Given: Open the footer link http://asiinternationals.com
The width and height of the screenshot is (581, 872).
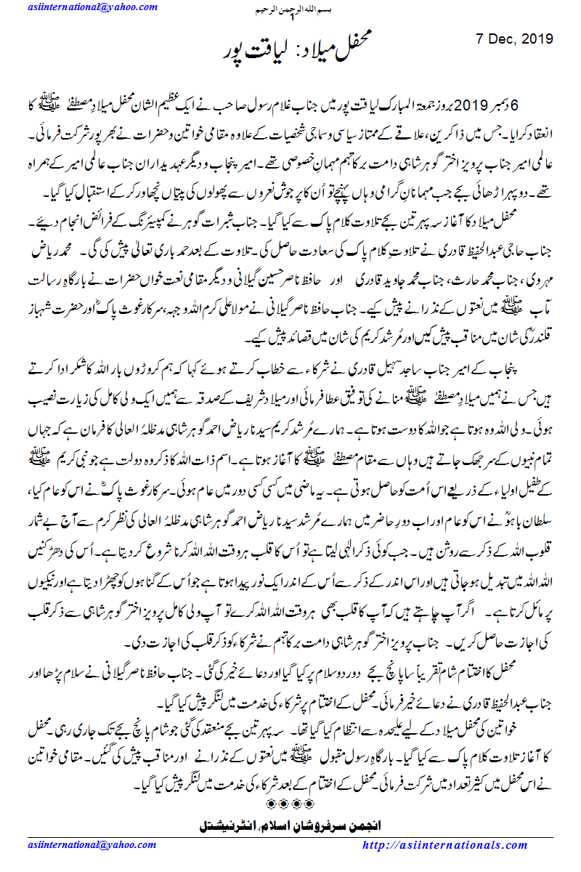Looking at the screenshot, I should [466, 846].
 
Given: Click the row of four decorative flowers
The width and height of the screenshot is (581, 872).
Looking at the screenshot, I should [290, 804].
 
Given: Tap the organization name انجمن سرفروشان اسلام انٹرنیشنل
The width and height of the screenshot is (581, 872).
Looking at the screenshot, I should [290, 825].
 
